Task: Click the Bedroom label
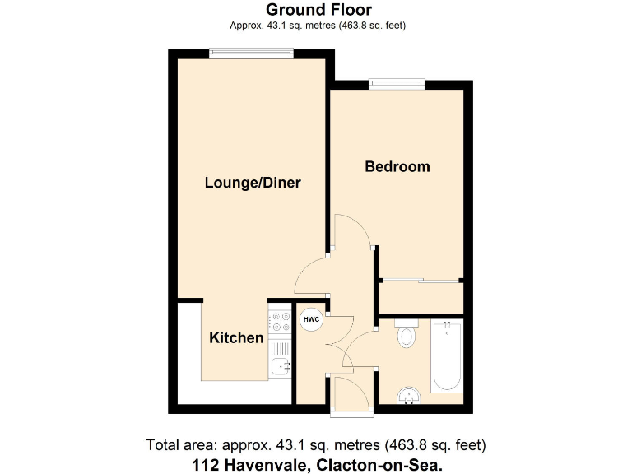[397, 167]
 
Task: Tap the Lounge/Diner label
[253, 184]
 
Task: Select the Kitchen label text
[236, 338]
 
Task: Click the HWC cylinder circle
[311, 319]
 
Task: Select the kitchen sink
[280, 366]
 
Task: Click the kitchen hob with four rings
[280, 321]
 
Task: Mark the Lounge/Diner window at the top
[251, 53]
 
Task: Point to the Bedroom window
[397, 82]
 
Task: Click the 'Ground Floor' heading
[318, 11]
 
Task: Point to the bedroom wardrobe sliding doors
[420, 282]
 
